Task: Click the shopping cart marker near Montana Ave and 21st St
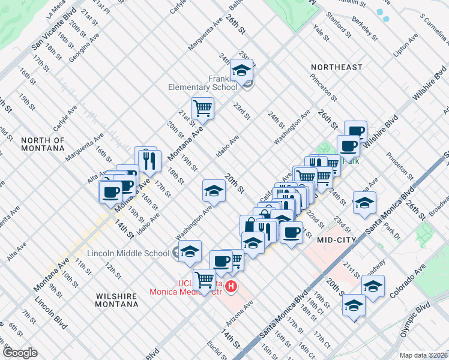(x=203, y=109)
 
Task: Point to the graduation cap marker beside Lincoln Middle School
(x=190, y=251)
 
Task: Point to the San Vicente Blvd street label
(x=54, y=29)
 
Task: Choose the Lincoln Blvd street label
(x=51, y=313)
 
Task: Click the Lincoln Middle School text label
(x=128, y=253)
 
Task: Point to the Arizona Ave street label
(x=240, y=312)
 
